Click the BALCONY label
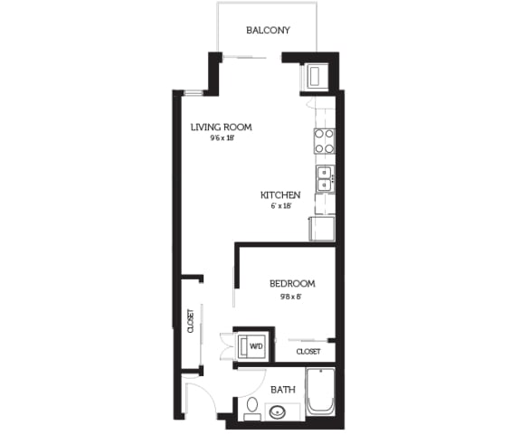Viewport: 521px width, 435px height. click(x=268, y=30)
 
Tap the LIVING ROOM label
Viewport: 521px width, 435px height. click(x=221, y=128)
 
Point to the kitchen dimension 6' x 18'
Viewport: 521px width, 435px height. click(x=279, y=206)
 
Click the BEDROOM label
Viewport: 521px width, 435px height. click(x=292, y=284)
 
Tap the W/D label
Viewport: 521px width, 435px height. click(x=257, y=345)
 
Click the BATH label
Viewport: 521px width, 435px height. click(x=284, y=390)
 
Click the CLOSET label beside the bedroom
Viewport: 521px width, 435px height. click(x=308, y=351)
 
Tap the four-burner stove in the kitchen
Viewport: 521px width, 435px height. click(x=324, y=140)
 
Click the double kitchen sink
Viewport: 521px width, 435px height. click(x=324, y=179)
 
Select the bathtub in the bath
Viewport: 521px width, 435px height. click(x=321, y=392)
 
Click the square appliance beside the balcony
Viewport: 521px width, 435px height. click(x=318, y=76)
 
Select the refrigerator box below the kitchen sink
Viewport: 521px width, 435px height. click(x=322, y=228)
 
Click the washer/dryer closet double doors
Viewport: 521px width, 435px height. click(x=227, y=345)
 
